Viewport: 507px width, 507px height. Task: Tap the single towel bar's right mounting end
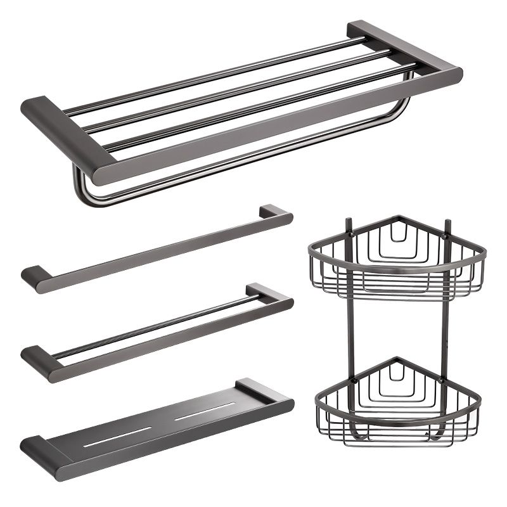(x=276, y=214)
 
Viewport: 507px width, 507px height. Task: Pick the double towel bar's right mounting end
(x=273, y=295)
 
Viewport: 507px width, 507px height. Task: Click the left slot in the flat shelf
(x=120, y=435)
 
